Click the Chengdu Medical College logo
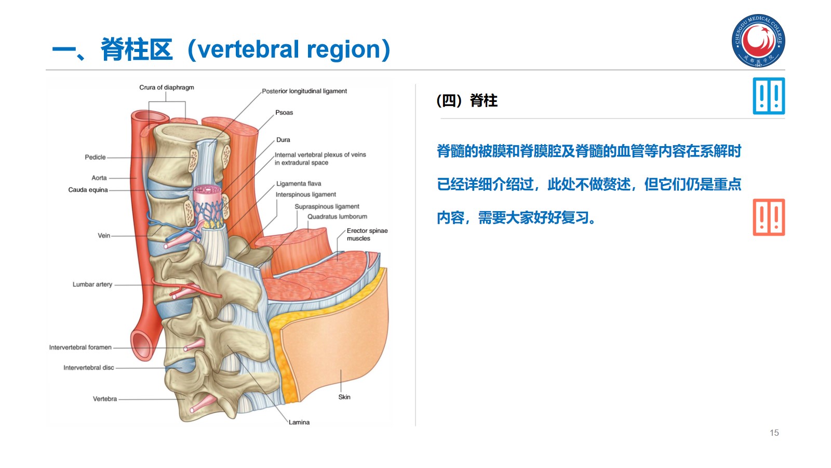(758, 41)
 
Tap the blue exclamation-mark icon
(769, 96)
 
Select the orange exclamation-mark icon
(769, 217)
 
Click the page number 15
(774, 433)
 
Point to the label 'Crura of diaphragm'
(166, 87)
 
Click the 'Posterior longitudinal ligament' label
(304, 91)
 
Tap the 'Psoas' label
(284, 112)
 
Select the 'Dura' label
(283, 140)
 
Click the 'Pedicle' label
(95, 157)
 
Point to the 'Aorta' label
(99, 178)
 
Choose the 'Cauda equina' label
(88, 190)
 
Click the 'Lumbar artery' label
(92, 284)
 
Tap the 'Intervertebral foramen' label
(81, 347)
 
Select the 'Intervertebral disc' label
(89, 368)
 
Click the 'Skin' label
(344, 397)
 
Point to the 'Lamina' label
(299, 422)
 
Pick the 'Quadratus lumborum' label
(337, 216)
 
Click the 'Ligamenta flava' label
(299, 184)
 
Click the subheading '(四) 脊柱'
(467, 100)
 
